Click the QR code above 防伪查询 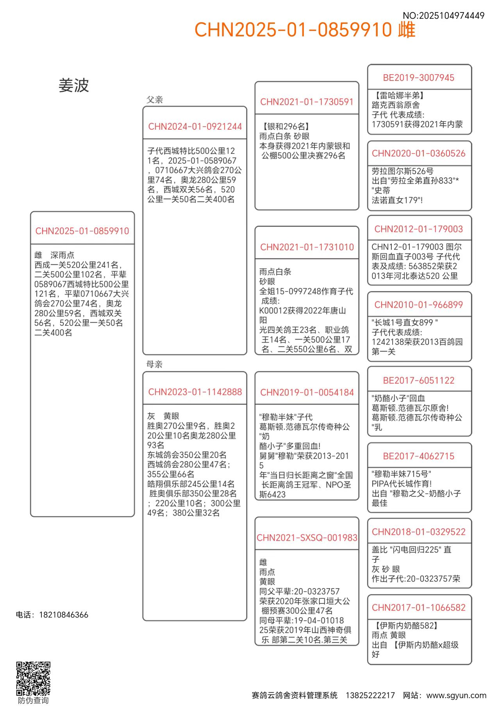pyautogui.click(x=33, y=678)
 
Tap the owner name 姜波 pyautogui.click(x=74, y=86)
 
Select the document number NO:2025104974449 pyautogui.click(x=443, y=16)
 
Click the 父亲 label pyautogui.click(x=155, y=100)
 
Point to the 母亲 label pyautogui.click(x=154, y=364)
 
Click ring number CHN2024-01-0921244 pyautogui.click(x=195, y=127)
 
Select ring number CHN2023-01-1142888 pyautogui.click(x=195, y=392)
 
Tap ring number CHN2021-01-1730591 pyautogui.click(x=307, y=102)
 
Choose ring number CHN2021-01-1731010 pyautogui.click(x=307, y=247)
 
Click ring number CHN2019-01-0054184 pyautogui.click(x=307, y=393)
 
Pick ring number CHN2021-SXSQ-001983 pyautogui.click(x=307, y=538)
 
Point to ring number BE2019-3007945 pyautogui.click(x=419, y=78)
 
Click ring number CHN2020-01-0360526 pyautogui.click(x=419, y=154)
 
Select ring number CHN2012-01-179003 pyautogui.click(x=419, y=229)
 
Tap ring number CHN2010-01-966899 pyautogui.click(x=419, y=305)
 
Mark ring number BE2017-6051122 pyautogui.click(x=419, y=380)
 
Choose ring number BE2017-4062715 pyautogui.click(x=419, y=456)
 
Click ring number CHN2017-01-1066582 pyautogui.click(x=419, y=608)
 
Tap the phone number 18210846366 pyautogui.click(x=64, y=615)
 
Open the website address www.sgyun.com pyautogui.click(x=456, y=695)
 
